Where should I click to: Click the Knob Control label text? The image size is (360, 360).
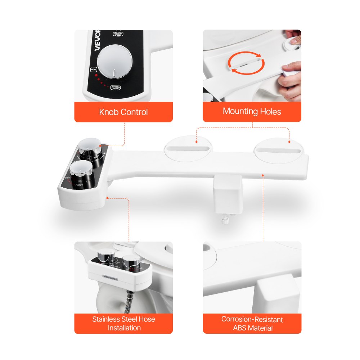(x=123, y=112)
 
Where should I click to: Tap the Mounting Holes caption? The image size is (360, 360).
(x=252, y=111)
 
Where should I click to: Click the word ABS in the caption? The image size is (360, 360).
(x=241, y=328)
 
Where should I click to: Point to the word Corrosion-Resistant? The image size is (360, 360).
(x=252, y=319)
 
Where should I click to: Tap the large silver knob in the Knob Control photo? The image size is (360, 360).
(x=113, y=63)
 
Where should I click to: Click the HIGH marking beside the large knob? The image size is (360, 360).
(x=93, y=69)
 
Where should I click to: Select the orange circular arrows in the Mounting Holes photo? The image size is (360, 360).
(x=247, y=63)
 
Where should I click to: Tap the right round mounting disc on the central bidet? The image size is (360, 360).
(x=279, y=149)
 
